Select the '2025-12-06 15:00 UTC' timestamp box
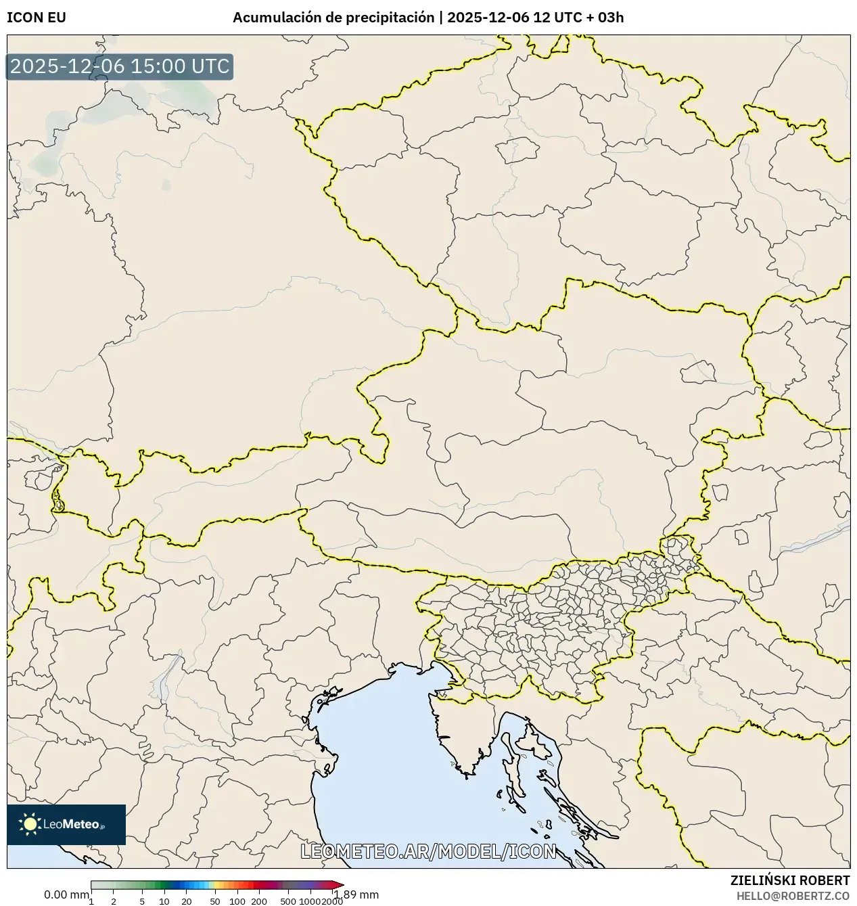click(x=120, y=67)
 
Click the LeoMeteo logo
click(x=66, y=824)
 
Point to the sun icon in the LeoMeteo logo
click(x=30, y=823)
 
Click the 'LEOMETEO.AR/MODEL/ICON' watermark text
click(x=428, y=851)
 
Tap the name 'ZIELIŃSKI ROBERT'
click(x=790, y=880)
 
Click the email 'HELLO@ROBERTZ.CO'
click(x=793, y=895)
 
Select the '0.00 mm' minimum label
click(x=66, y=894)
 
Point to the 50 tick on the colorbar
click(x=215, y=901)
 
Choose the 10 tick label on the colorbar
click(x=164, y=901)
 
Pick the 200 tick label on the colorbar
click(x=259, y=901)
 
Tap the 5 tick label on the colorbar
click(x=142, y=901)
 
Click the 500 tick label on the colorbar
click(x=288, y=901)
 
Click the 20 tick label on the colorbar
click(x=187, y=901)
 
